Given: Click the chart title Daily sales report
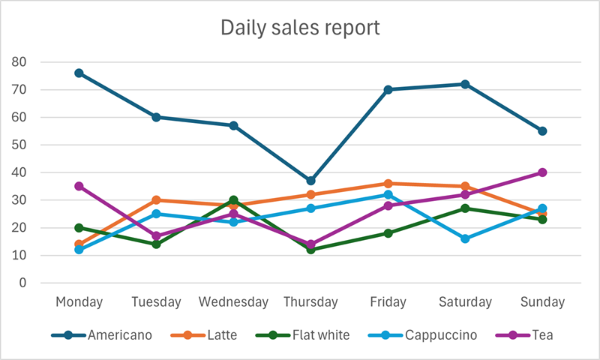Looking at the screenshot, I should pos(300,28).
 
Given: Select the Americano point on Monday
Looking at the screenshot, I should pos(79,73).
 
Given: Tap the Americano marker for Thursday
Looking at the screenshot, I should pos(310,181).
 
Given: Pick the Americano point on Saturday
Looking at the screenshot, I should pos(465,84).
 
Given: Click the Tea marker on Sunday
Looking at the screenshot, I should pos(542,172).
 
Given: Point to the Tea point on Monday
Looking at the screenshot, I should pos(79,186).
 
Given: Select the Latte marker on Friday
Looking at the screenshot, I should pos(388,184).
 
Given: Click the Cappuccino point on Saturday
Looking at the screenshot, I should pos(465,238).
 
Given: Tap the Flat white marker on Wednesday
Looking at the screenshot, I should pos(233,200).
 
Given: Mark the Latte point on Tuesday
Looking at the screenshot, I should pos(156,200).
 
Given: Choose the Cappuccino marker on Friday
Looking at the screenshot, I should pos(388,194).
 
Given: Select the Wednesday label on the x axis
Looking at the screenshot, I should pos(233,302).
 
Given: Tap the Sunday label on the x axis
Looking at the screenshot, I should pos(542,302).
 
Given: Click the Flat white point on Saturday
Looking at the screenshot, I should pos(465,208).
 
